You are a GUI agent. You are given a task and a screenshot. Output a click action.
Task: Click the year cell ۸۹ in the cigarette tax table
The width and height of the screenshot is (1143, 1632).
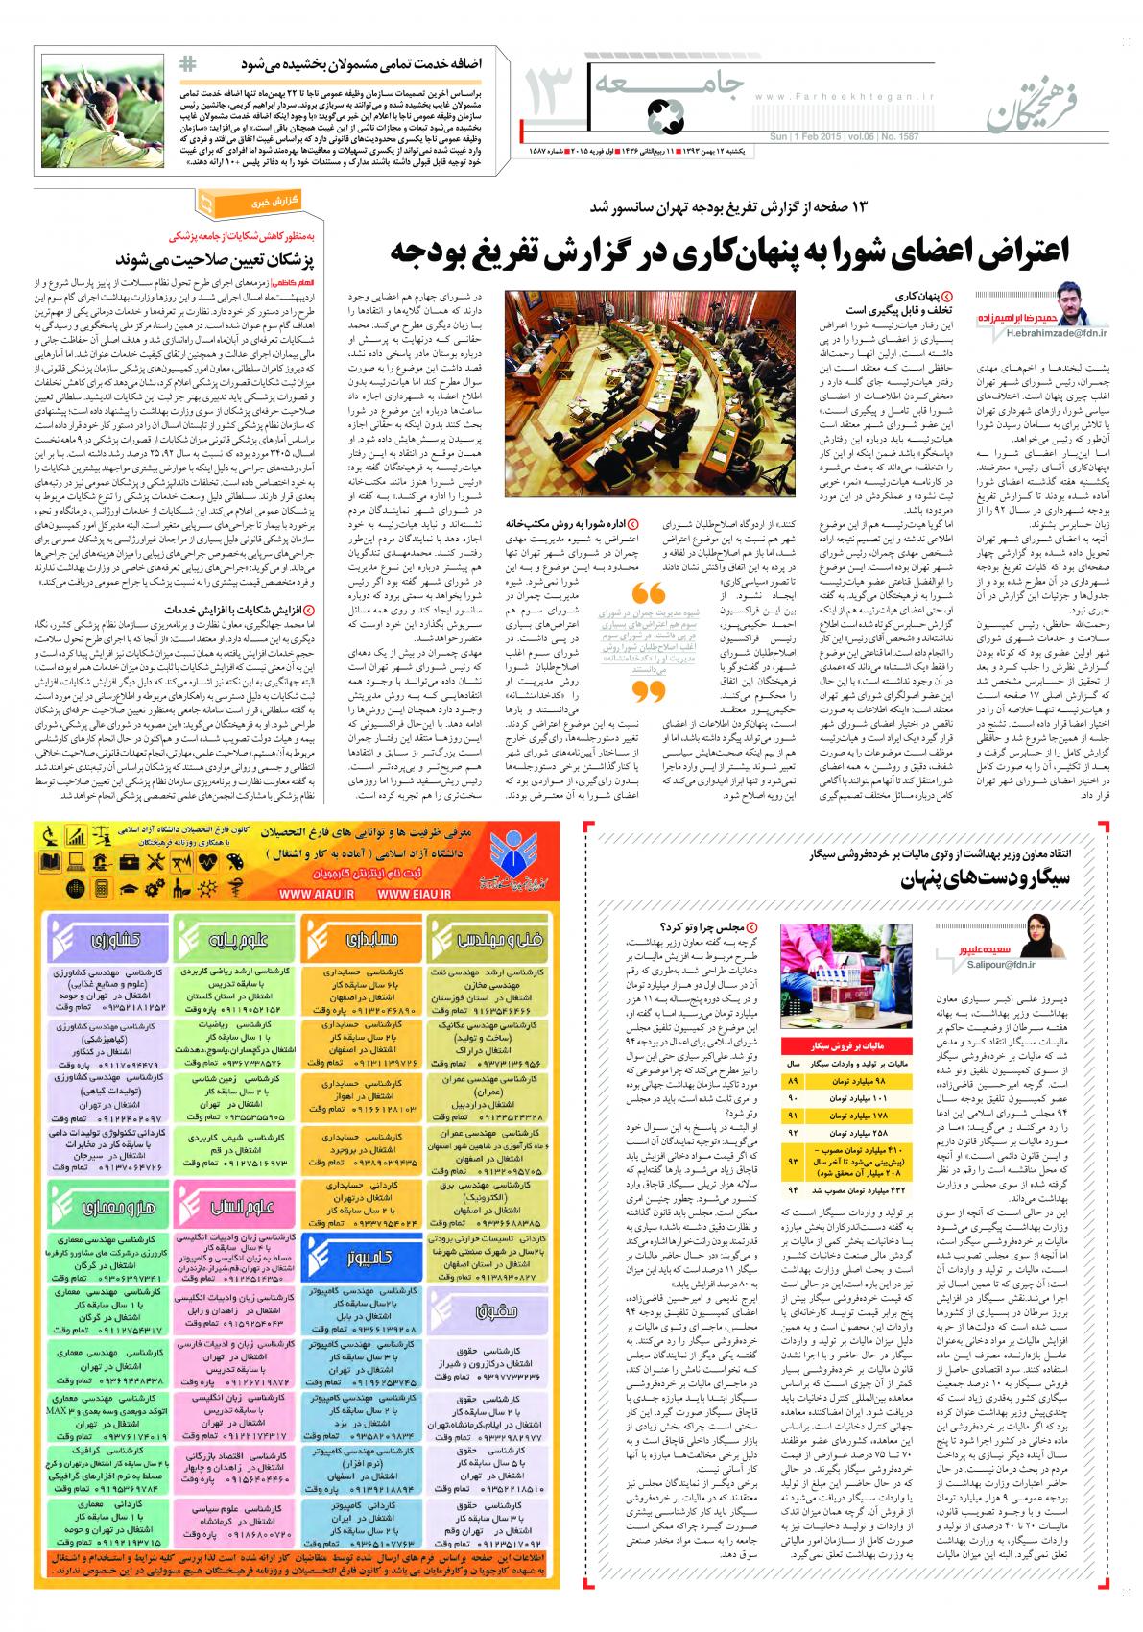coord(793,1080)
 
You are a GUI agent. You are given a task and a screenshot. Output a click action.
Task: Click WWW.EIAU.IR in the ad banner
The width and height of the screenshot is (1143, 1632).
coord(415,892)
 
